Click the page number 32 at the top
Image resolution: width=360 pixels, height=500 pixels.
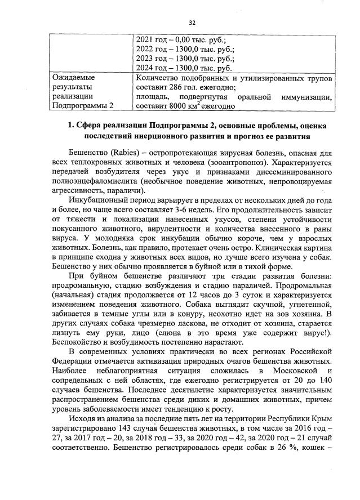pos(192,23)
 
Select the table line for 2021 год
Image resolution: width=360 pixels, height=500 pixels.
pos(181,40)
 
